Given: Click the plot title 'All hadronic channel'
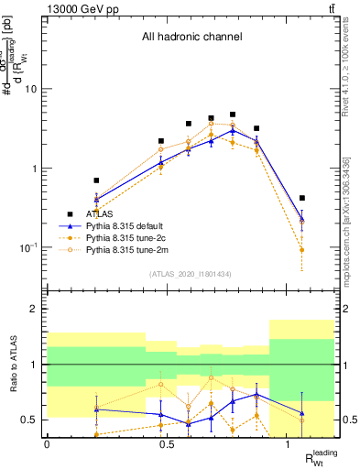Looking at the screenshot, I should [x=191, y=38].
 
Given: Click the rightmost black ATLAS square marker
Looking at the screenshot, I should [x=302, y=198].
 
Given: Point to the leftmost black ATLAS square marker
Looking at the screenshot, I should [x=96, y=180].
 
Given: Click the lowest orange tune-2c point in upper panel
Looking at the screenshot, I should [x=302, y=250].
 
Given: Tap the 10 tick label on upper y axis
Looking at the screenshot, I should [x=31, y=90].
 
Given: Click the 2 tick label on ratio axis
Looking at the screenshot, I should [x=35, y=310].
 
